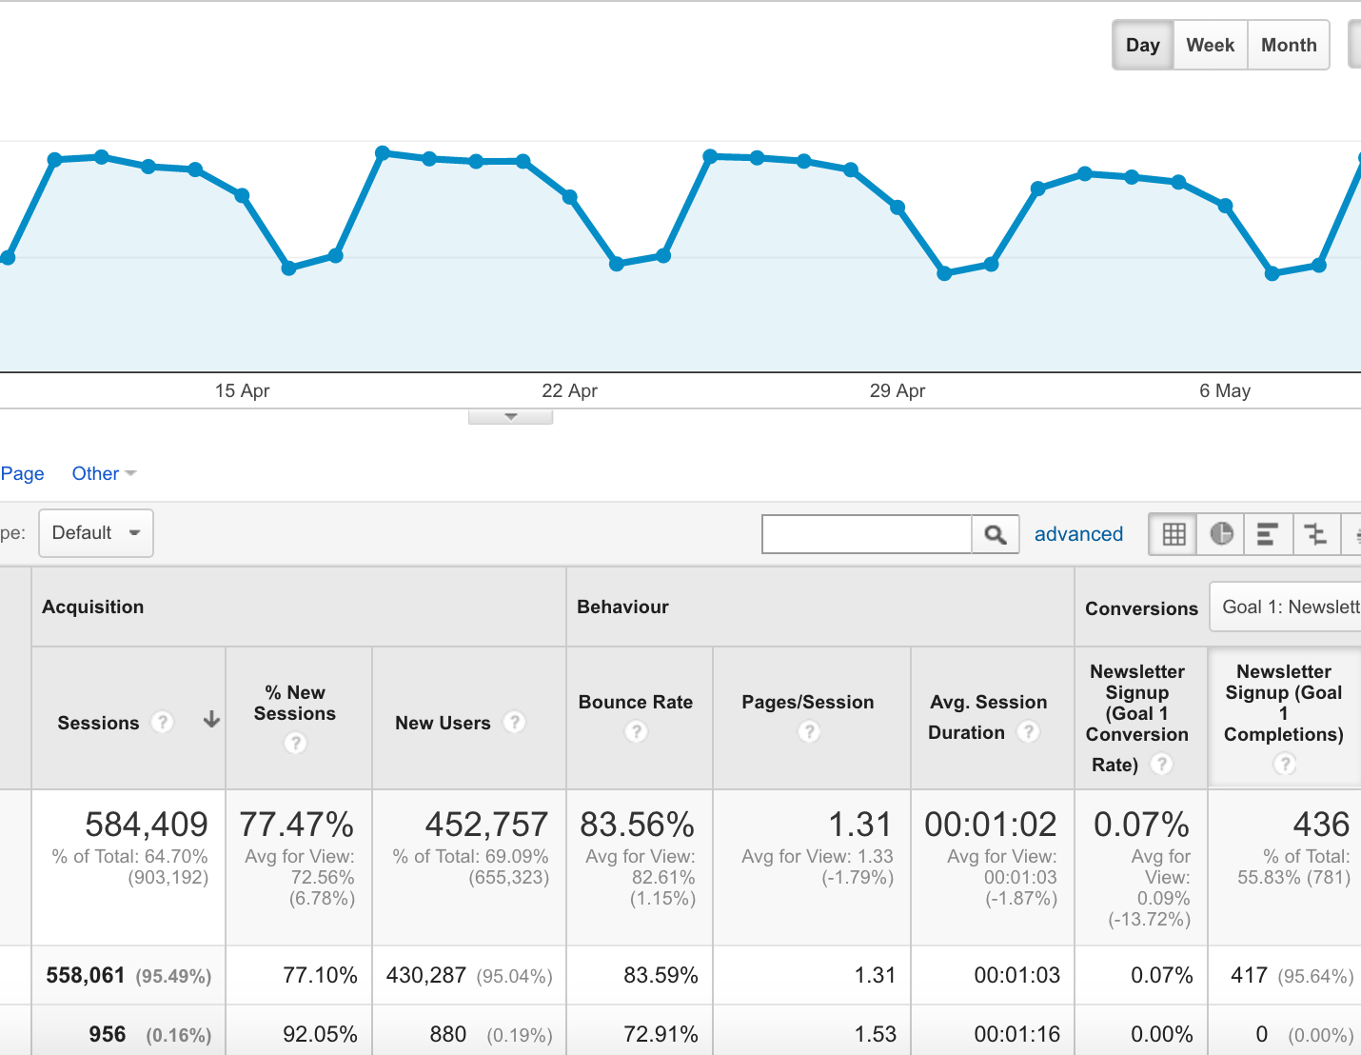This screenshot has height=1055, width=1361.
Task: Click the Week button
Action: click(x=1210, y=46)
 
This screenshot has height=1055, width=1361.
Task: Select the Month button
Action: click(x=1289, y=46)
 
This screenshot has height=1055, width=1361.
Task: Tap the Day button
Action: click(x=1142, y=46)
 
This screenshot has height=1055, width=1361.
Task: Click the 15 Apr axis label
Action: click(x=242, y=390)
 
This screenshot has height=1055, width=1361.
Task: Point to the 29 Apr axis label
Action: click(x=897, y=390)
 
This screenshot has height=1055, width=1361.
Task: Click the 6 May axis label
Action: click(x=1224, y=390)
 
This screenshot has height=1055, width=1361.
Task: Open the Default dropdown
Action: click(x=96, y=533)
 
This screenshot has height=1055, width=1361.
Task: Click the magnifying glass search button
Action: click(x=996, y=534)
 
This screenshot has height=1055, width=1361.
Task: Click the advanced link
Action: click(x=1078, y=534)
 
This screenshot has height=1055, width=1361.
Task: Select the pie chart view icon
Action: click(x=1221, y=534)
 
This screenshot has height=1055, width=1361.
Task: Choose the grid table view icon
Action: click(x=1174, y=534)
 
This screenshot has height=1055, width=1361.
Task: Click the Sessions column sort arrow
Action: click(x=211, y=721)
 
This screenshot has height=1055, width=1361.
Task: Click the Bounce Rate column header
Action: click(x=636, y=702)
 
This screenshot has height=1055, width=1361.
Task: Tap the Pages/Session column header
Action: click(x=807, y=702)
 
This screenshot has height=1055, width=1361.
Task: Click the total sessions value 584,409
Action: click(x=147, y=824)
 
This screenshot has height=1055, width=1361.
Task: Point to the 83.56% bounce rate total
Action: click(x=637, y=824)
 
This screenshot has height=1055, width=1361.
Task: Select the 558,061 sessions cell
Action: click(x=86, y=975)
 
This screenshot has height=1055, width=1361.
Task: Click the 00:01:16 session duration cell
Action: click(x=1016, y=1034)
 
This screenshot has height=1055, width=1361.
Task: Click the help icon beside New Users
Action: click(x=515, y=723)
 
